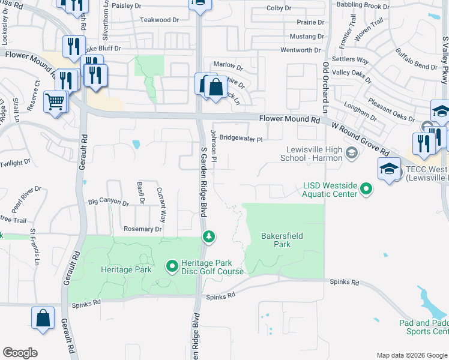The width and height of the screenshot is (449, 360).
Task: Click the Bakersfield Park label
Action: pos(276,240)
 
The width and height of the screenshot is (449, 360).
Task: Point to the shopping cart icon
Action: pos(55,101)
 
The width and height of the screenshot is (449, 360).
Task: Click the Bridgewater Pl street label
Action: pos(241,139)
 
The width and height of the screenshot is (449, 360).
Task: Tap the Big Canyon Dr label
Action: pos(109,203)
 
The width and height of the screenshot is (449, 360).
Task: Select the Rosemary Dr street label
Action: pos(142,229)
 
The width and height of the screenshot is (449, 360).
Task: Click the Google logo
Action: pos(20,353)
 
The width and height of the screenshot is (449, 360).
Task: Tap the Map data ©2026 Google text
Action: pos(412,355)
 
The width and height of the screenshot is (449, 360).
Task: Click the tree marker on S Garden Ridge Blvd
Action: pos(208,236)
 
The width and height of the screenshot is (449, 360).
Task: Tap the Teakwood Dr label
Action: pos(160,20)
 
